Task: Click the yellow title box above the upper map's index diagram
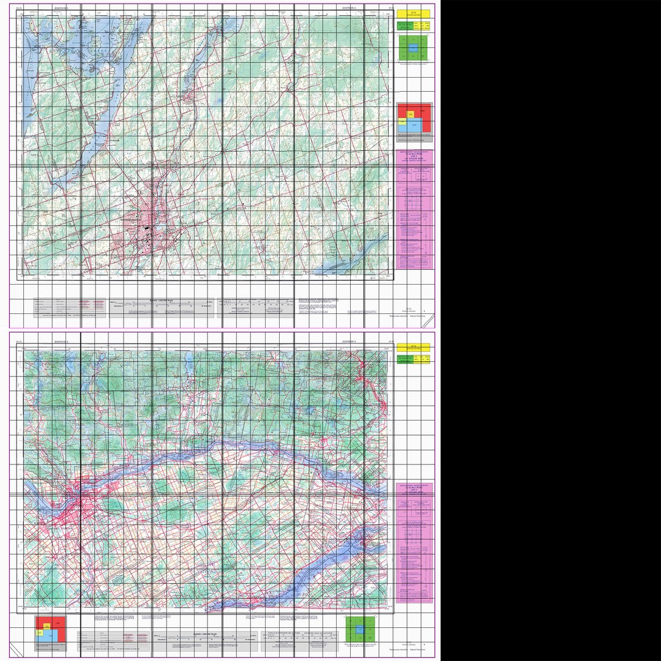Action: pyautogui.click(x=413, y=12)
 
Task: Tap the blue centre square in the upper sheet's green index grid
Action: pyautogui.click(x=413, y=47)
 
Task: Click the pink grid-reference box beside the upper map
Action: pyautogui.click(x=414, y=208)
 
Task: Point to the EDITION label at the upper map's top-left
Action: pyautogui.click(x=61, y=8)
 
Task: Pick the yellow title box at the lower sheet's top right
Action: pyautogui.click(x=413, y=347)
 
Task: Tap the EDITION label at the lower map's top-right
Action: pyautogui.click(x=349, y=341)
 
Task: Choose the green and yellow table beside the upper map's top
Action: pyautogui.click(x=413, y=25)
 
